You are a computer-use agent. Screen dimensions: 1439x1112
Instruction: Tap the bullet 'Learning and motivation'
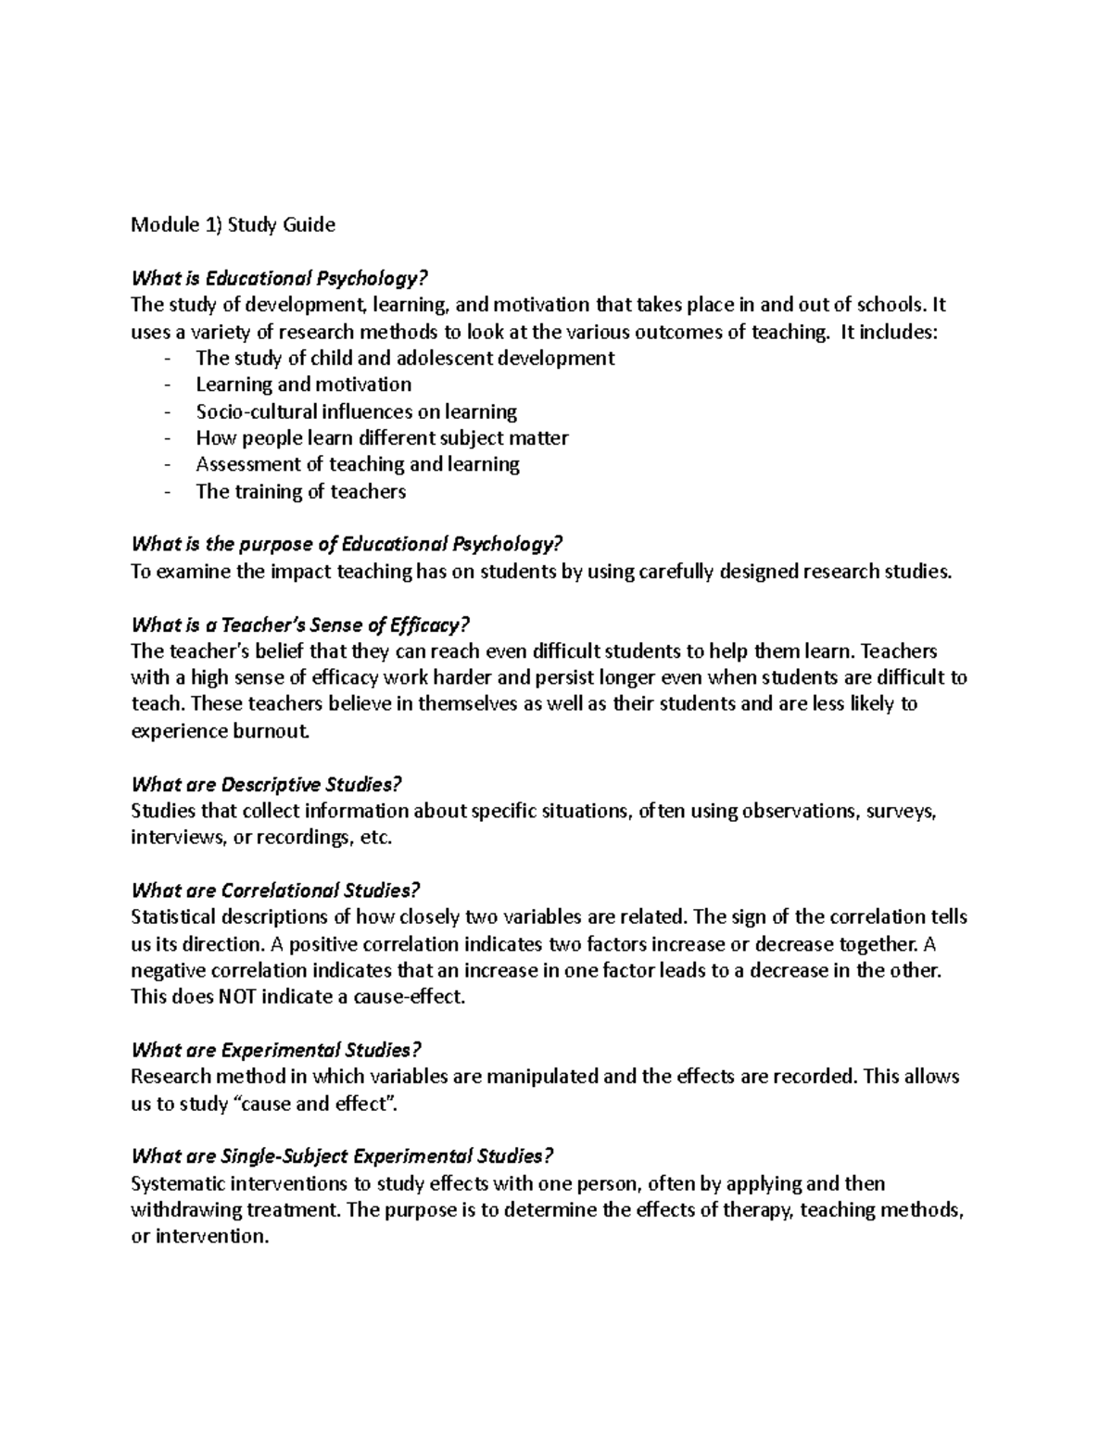tap(303, 385)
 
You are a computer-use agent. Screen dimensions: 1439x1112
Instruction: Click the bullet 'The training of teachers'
tap(300, 491)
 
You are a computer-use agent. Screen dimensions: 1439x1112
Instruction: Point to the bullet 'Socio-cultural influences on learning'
tap(356, 411)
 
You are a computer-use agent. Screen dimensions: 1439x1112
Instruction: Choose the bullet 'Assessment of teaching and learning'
tap(357, 464)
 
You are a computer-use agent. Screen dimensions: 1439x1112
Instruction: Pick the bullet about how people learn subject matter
tap(382, 438)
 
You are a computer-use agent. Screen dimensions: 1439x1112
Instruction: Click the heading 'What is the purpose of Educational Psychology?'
tap(347, 544)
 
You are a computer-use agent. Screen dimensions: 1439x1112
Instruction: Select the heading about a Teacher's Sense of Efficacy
tap(295, 625)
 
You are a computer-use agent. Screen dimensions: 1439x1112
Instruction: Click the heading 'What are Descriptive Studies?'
tap(267, 785)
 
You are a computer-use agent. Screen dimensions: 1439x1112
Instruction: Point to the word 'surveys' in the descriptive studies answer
tap(905, 812)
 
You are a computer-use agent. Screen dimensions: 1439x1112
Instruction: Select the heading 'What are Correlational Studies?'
tap(276, 891)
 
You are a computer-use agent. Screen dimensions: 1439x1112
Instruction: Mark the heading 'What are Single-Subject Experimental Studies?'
tap(343, 1156)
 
